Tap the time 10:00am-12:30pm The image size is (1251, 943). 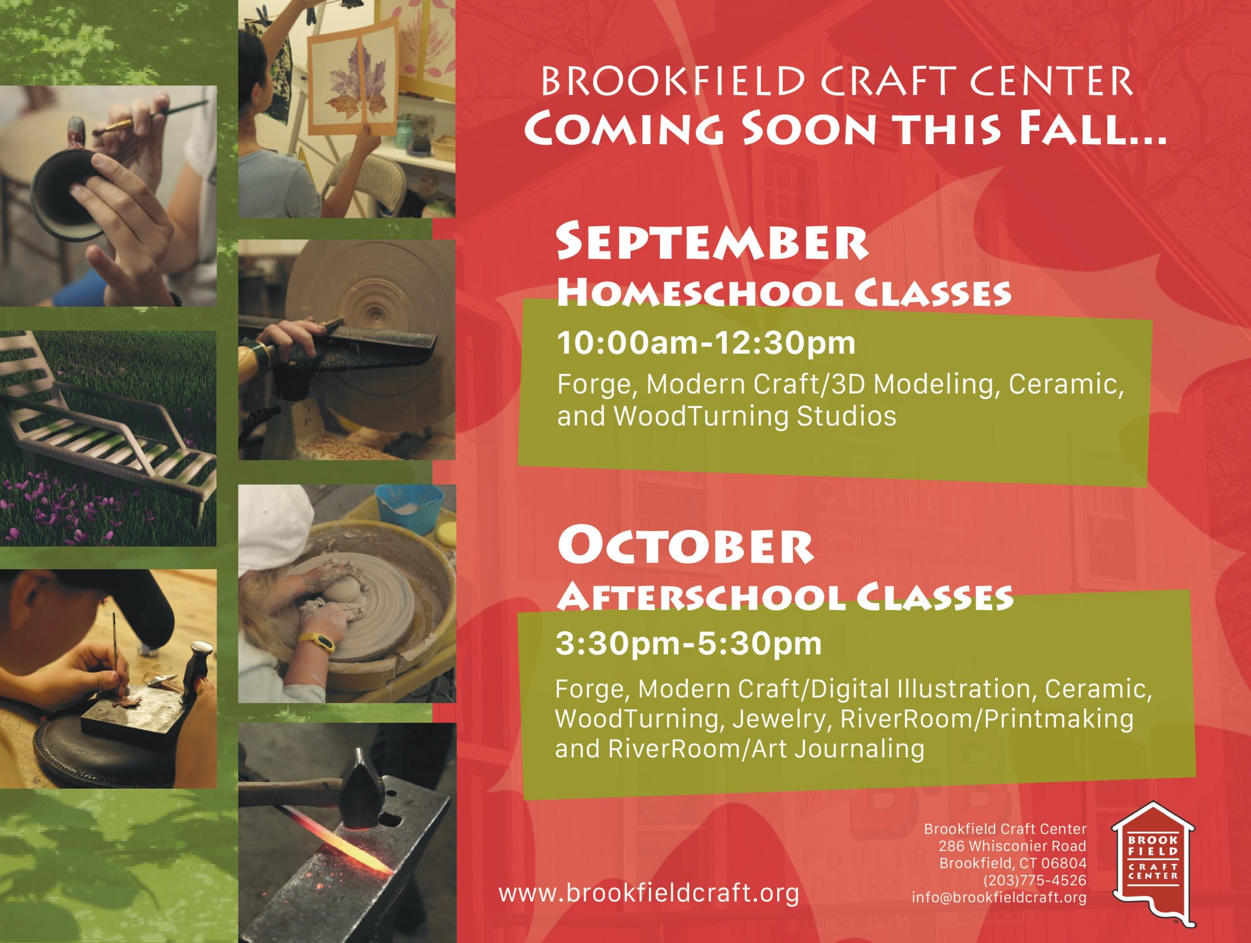(x=706, y=343)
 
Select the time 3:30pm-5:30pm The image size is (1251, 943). (x=688, y=644)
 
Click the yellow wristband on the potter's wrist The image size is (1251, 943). (x=317, y=643)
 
